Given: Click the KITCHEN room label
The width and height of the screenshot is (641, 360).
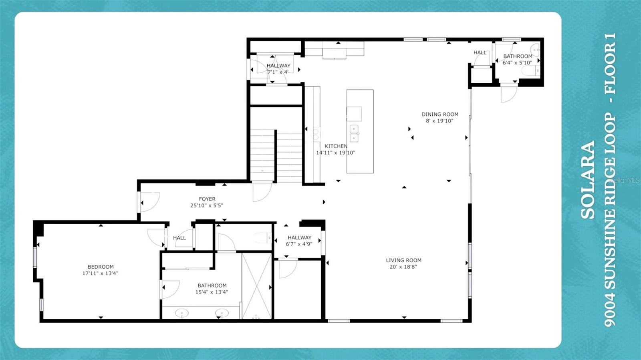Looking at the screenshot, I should [336, 146].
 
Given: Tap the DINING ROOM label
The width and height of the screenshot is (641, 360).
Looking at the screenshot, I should [439, 114].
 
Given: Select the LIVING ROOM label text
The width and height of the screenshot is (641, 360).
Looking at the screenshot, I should [403, 260].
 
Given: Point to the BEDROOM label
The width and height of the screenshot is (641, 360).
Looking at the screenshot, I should [101, 267].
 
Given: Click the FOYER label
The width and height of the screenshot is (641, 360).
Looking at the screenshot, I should [207, 199].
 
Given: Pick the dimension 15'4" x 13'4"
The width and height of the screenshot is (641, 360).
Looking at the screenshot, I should [212, 292].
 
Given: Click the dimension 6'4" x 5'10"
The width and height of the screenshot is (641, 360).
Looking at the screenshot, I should [517, 63].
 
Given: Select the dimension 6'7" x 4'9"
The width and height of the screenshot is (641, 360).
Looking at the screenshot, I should [299, 244].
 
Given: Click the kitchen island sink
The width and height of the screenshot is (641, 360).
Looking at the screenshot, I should [354, 133].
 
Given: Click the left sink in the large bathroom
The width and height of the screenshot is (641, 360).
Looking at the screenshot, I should [182, 313].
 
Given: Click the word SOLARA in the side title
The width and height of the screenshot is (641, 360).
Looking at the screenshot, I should [588, 180].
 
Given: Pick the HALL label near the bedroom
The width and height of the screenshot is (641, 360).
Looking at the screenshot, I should [179, 238].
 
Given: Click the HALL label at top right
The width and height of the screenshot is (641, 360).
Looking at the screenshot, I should [480, 52].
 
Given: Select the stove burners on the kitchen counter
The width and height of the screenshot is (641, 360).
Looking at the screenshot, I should [316, 134].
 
